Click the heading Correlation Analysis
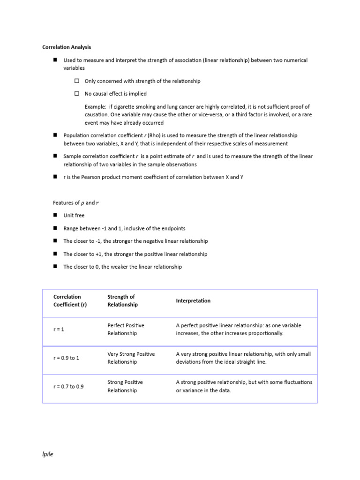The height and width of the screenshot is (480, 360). point(67,47)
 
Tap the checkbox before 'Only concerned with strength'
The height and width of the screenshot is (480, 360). point(76,81)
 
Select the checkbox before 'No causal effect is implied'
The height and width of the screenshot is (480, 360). point(76,94)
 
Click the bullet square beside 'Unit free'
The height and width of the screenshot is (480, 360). point(55,215)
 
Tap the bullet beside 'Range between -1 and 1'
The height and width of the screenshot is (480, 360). point(55,228)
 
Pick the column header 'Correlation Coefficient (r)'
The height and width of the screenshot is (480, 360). point(70,300)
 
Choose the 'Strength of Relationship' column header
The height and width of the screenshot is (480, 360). point(122,300)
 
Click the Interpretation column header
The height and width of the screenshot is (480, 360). point(193,301)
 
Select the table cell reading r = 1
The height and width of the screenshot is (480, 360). point(59,330)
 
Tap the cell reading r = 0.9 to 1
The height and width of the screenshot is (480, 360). point(66,358)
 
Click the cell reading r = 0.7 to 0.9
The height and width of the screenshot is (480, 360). point(68,387)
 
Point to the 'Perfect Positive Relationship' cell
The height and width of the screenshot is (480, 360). point(126,329)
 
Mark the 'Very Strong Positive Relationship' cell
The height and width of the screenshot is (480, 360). point(131,358)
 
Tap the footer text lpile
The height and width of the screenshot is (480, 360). point(48,454)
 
